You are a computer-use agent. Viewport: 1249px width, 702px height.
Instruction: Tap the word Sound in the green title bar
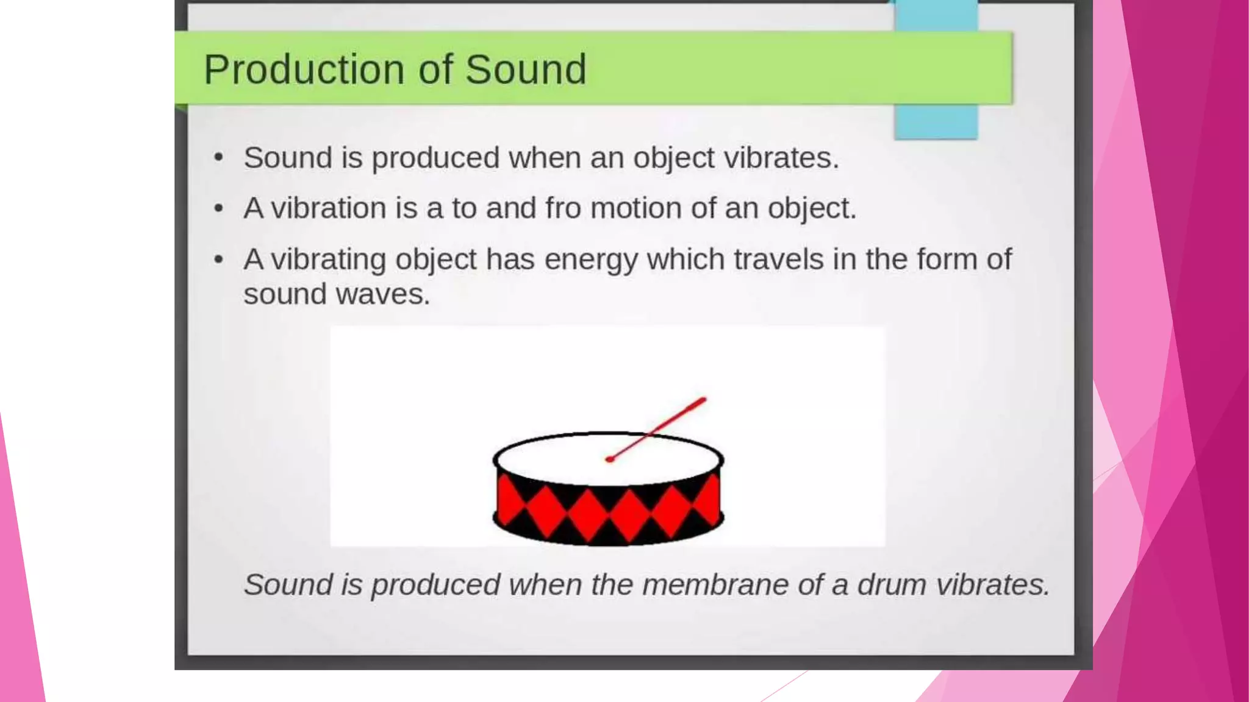(525, 69)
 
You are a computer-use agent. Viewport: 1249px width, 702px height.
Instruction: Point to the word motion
(635, 208)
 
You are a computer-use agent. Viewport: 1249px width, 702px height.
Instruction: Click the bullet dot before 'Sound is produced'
(218, 158)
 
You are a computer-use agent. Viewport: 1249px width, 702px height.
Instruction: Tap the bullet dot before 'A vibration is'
(218, 209)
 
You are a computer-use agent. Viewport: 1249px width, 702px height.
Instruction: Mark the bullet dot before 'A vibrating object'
(218, 260)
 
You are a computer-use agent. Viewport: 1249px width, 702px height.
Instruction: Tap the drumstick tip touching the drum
(609, 459)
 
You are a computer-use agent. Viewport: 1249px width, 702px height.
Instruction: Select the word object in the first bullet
(673, 158)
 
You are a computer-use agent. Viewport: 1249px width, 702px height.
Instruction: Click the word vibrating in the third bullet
(328, 260)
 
